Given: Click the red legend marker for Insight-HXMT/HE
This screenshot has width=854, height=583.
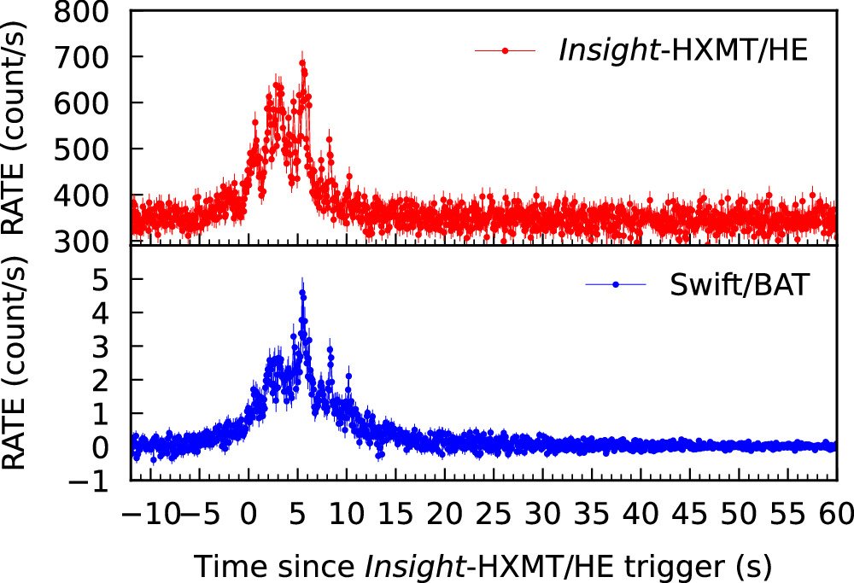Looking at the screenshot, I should coord(506,51).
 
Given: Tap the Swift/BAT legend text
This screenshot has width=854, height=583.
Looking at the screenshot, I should coord(735,284).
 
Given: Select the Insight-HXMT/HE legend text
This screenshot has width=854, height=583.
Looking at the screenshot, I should coord(681,51).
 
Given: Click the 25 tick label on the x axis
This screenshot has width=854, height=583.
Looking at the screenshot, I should coord(494,515).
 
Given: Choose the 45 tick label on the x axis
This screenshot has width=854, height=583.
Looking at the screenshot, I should coord(690,515).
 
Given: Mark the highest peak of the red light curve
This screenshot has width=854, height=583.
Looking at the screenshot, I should coord(301,61).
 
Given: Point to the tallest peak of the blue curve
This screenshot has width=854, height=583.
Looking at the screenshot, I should coord(301,293).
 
